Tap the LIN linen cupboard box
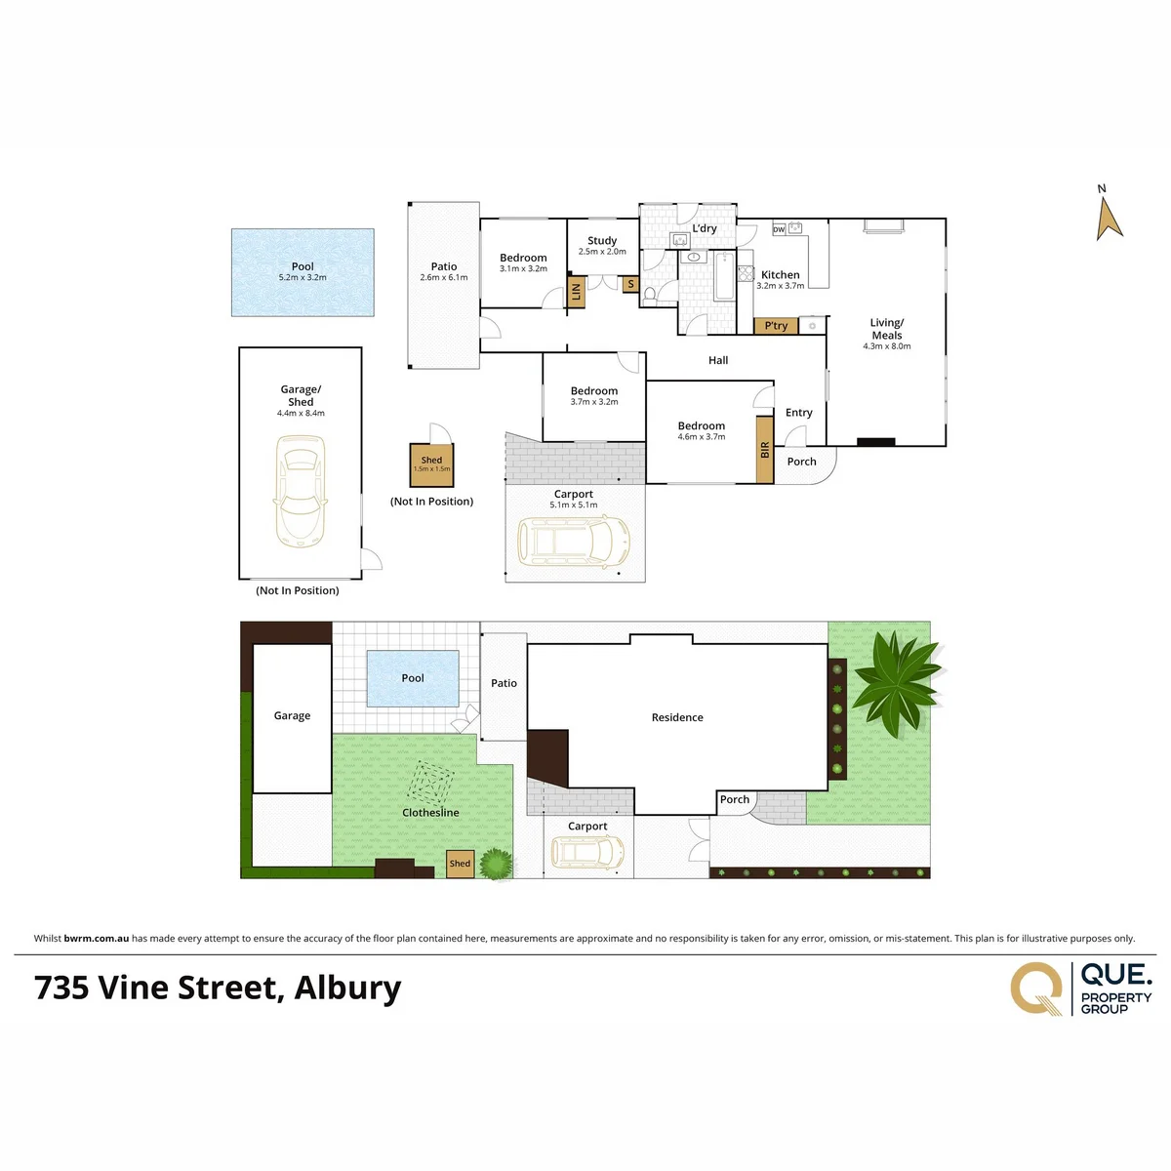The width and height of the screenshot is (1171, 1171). coord(576,292)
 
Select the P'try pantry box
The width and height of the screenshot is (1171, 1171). coord(775,326)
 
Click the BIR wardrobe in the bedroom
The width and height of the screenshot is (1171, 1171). coord(764,449)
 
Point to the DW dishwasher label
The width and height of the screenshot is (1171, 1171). coord(779,229)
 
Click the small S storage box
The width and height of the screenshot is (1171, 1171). coord(630,284)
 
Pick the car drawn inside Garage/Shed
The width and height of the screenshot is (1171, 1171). coord(301,491)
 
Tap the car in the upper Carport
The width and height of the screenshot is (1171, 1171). coord(573,542)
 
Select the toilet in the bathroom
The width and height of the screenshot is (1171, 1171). coord(650,296)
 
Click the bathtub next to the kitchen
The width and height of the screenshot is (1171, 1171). coord(724,277)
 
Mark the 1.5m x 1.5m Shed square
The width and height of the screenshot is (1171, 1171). coord(431,464)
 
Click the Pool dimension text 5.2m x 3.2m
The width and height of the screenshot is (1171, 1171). coord(302,278)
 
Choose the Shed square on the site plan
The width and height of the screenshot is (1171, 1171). coord(460,864)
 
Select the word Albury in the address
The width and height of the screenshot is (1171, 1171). coord(347,989)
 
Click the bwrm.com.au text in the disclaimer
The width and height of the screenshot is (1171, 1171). coord(96,938)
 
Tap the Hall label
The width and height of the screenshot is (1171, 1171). coord(717,360)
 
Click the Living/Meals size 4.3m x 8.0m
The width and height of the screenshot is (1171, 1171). coord(887,346)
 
